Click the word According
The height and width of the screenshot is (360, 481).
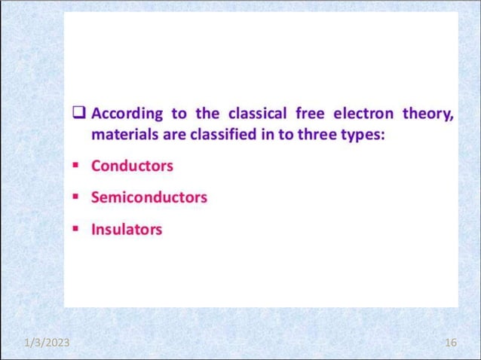(x=127, y=114)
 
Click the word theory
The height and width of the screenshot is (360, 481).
(x=427, y=115)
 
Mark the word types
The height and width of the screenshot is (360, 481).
(x=366, y=136)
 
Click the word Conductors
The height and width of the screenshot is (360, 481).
(x=132, y=166)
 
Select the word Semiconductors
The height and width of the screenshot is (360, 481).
(x=149, y=197)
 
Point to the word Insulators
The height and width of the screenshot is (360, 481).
(x=126, y=229)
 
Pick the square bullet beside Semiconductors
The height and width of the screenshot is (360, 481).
(x=77, y=197)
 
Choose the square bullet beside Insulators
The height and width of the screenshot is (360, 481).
(x=77, y=229)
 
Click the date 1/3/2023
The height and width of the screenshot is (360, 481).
(x=46, y=343)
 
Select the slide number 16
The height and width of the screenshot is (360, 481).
(x=451, y=343)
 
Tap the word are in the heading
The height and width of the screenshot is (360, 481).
(x=168, y=136)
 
